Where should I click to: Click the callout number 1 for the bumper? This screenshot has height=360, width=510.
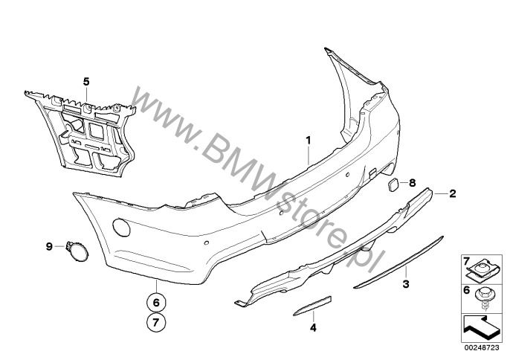point(308,141)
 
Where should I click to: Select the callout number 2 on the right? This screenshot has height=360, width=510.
point(453,193)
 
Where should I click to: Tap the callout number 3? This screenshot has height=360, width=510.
point(406,284)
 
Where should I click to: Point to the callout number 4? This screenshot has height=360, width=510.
point(313,327)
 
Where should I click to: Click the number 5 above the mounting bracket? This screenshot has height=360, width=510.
point(86,82)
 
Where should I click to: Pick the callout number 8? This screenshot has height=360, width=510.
point(412,183)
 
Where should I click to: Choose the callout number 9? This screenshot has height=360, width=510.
point(49,246)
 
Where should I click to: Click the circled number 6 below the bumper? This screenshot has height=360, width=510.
point(156,303)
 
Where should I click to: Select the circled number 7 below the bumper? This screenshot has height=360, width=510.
point(156,322)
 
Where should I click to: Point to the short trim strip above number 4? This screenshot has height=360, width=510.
point(312,306)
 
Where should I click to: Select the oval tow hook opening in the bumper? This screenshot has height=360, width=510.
point(121,228)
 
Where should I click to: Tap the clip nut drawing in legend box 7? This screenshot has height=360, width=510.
point(482,270)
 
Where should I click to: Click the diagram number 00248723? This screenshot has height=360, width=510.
point(482,347)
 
